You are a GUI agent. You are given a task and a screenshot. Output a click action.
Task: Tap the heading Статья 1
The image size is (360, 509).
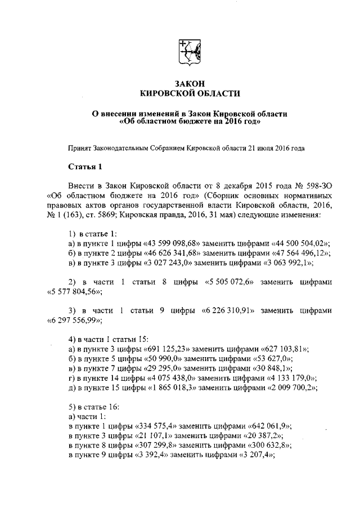coord(84,167)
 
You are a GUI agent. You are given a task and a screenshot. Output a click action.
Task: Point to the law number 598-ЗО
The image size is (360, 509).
coord(317,185)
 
